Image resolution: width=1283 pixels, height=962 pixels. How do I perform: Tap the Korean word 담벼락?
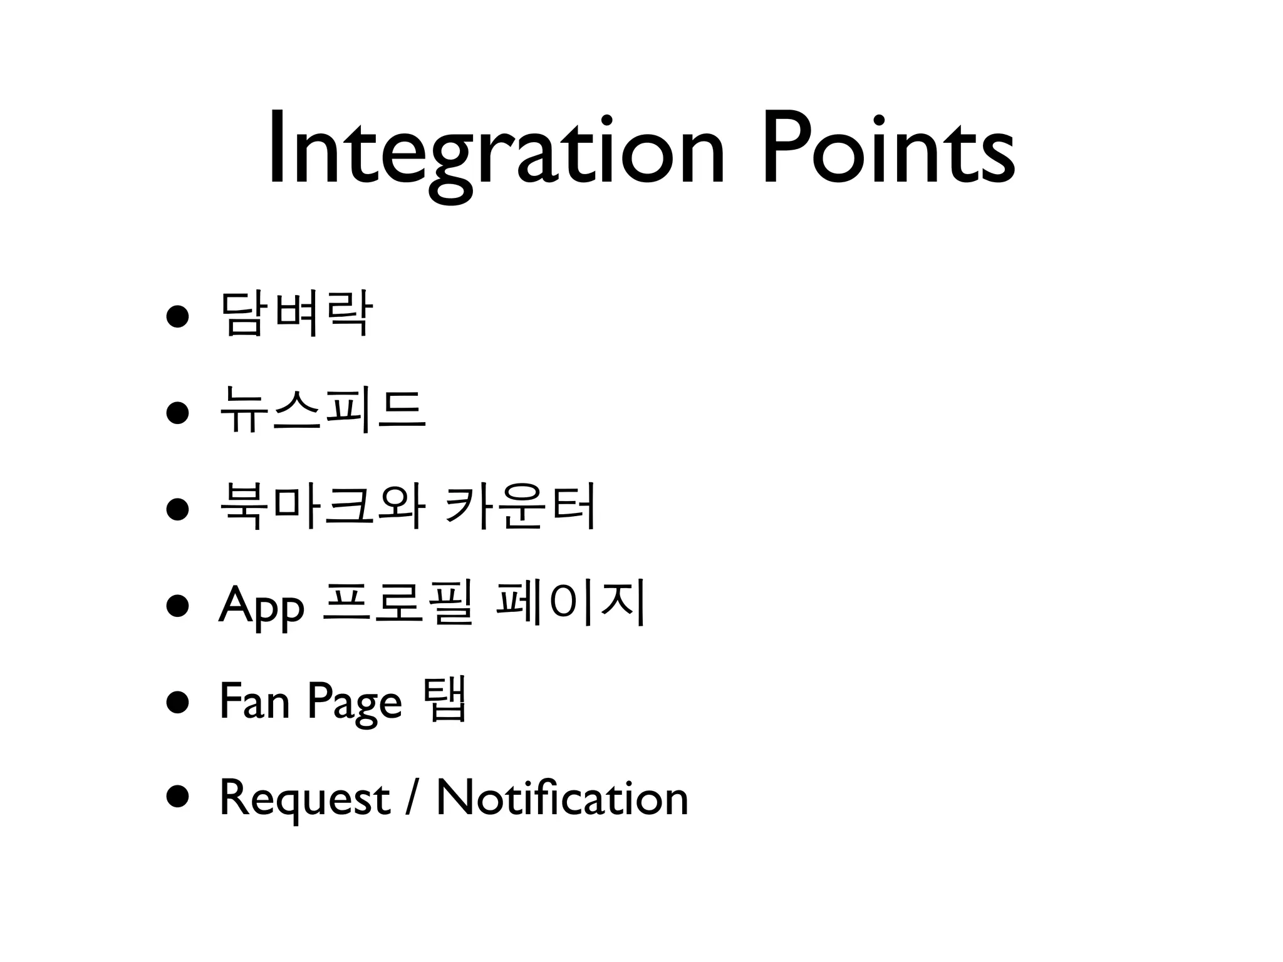(x=296, y=315)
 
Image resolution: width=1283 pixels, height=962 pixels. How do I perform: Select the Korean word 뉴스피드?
(x=323, y=411)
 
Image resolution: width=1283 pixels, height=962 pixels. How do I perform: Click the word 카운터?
(x=519, y=507)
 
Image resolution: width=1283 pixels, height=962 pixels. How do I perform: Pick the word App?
(x=261, y=605)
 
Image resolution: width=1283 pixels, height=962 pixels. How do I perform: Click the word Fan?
(x=254, y=701)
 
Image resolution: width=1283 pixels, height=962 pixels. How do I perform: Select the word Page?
(x=355, y=703)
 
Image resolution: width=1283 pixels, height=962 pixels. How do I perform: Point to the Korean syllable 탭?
(x=445, y=700)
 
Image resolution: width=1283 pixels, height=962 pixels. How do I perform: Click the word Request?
(x=304, y=799)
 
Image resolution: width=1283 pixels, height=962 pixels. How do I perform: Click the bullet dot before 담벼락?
(x=177, y=317)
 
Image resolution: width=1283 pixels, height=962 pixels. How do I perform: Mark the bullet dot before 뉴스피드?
(x=177, y=413)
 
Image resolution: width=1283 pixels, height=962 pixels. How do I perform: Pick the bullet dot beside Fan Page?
(x=177, y=703)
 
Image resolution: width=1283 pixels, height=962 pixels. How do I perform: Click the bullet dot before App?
(x=177, y=606)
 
